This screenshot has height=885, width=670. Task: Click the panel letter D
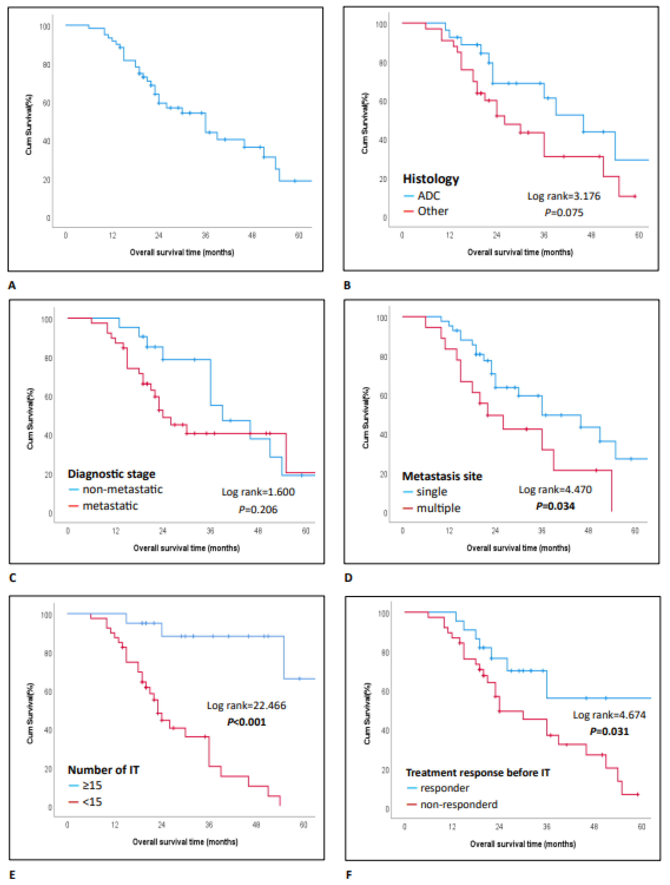coord(348,578)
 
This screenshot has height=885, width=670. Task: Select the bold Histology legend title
coord(431,179)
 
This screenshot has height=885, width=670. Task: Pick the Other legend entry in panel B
coord(432,211)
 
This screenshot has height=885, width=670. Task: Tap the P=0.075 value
coord(564,213)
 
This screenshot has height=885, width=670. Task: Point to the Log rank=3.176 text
coord(564,196)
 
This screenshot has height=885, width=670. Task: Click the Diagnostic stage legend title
coord(111,474)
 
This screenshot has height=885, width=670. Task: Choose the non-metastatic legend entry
coord(122,489)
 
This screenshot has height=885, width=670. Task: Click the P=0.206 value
coord(258,509)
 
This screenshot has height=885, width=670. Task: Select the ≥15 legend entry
coord(92,785)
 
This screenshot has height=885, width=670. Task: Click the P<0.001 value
coord(246,722)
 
